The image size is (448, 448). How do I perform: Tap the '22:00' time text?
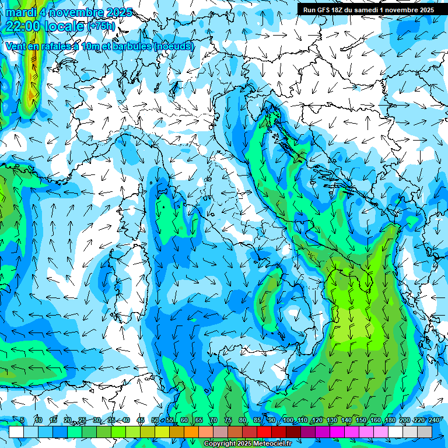23,26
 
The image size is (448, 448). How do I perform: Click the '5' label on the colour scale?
23,421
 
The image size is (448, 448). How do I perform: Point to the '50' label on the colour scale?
155,421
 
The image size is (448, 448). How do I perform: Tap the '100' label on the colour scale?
288,421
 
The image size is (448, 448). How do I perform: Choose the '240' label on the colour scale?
434,421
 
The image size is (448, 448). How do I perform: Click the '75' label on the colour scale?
228,421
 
